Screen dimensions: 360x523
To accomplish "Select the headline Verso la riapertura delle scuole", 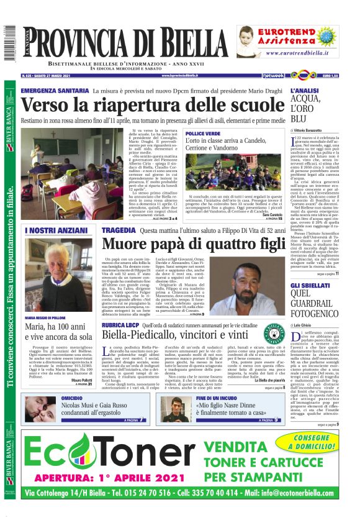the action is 153,106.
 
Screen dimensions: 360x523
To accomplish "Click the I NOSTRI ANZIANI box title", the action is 51,230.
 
